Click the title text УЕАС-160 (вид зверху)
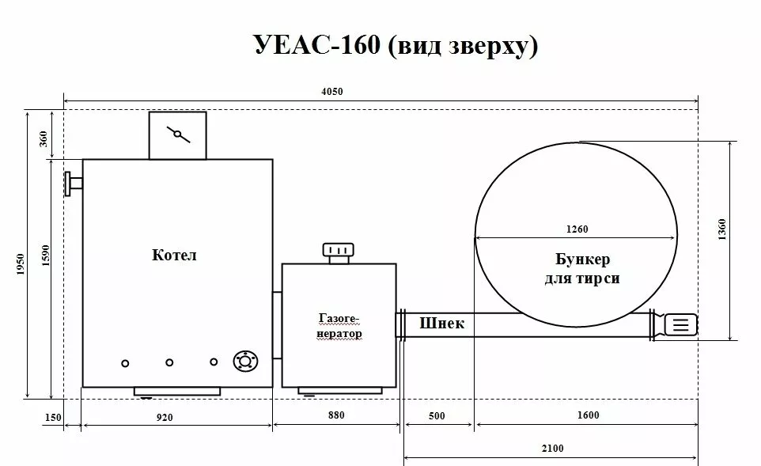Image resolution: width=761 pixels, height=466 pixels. click(396, 45)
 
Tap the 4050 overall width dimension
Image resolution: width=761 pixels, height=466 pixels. click(332, 92)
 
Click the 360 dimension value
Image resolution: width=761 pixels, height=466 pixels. click(44, 138)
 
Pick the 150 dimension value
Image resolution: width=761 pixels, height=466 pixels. click(54, 416)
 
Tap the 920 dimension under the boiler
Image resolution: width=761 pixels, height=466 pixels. click(165, 416)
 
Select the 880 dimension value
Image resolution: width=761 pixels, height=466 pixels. click(335, 415)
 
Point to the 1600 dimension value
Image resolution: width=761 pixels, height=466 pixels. click(588, 415)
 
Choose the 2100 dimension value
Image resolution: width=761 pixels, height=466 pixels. click(553, 449)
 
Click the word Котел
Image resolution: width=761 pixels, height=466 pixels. click(173, 256)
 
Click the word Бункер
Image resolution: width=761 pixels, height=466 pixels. click(582, 260)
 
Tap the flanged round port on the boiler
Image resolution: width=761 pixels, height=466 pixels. click(245, 362)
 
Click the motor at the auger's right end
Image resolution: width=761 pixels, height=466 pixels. click(680, 324)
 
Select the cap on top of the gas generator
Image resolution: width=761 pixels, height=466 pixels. click(339, 252)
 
